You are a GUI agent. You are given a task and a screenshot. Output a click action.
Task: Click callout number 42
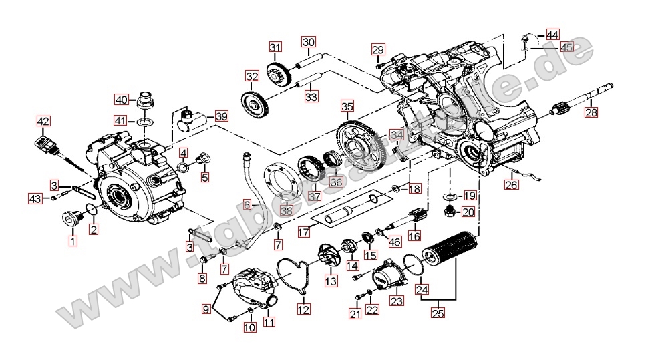pyautogui.click(x=43, y=122)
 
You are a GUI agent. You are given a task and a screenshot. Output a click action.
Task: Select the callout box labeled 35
pyautogui.click(x=346, y=106)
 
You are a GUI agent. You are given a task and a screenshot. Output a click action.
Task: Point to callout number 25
pyautogui.click(x=438, y=312)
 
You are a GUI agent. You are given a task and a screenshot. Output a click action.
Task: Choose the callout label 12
pyautogui.click(x=304, y=310)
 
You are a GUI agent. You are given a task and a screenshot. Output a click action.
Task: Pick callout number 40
pyautogui.click(x=122, y=100)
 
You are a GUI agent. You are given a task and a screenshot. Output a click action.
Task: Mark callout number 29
pyautogui.click(x=378, y=49)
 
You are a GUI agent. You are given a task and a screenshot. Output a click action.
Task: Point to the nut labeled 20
pyautogui.click(x=450, y=212)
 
